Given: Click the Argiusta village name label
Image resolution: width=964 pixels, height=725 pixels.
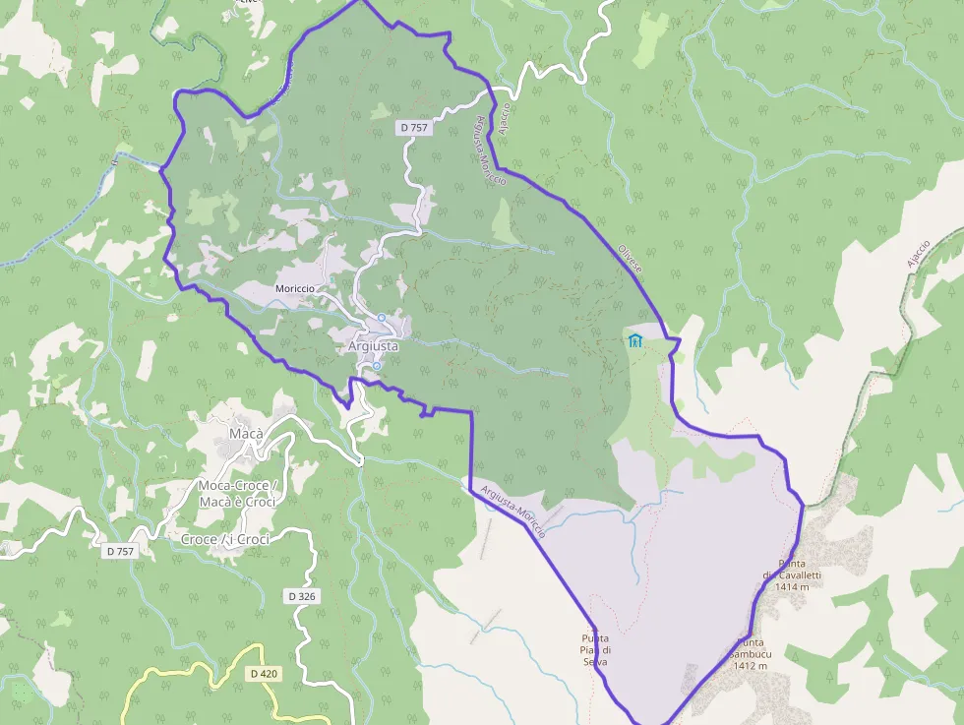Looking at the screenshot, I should click(373, 346).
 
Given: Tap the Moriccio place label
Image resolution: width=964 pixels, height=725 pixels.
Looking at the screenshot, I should click(295, 287).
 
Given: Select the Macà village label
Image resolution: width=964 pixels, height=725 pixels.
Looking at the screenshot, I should click(244, 433).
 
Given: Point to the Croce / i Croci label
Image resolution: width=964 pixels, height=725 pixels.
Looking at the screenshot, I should click(225, 539).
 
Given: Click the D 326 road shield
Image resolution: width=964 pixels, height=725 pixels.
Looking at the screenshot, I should click(302, 596).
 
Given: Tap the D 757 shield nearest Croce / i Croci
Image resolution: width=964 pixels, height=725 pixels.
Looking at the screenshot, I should click(119, 551).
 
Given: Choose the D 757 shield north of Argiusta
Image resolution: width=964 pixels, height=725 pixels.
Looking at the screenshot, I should click(413, 128).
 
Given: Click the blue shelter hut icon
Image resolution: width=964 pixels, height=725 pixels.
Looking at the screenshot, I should click(635, 341).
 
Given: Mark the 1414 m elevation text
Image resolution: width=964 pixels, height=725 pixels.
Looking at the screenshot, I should click(791, 586).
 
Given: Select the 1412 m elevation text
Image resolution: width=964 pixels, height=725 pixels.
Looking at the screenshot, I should click(750, 665).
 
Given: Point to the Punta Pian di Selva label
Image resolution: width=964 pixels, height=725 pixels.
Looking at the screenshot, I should click(595, 649).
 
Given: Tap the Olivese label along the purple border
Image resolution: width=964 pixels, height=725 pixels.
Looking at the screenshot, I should click(630, 259).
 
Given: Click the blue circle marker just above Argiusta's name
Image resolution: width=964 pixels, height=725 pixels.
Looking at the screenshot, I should click(381, 317).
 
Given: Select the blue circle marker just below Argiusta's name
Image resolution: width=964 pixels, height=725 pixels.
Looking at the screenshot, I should click(376, 366).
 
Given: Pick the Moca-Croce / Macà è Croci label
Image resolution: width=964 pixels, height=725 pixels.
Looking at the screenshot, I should click(237, 494).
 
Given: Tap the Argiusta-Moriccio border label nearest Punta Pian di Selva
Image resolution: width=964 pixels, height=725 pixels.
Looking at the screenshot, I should click(513, 512).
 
